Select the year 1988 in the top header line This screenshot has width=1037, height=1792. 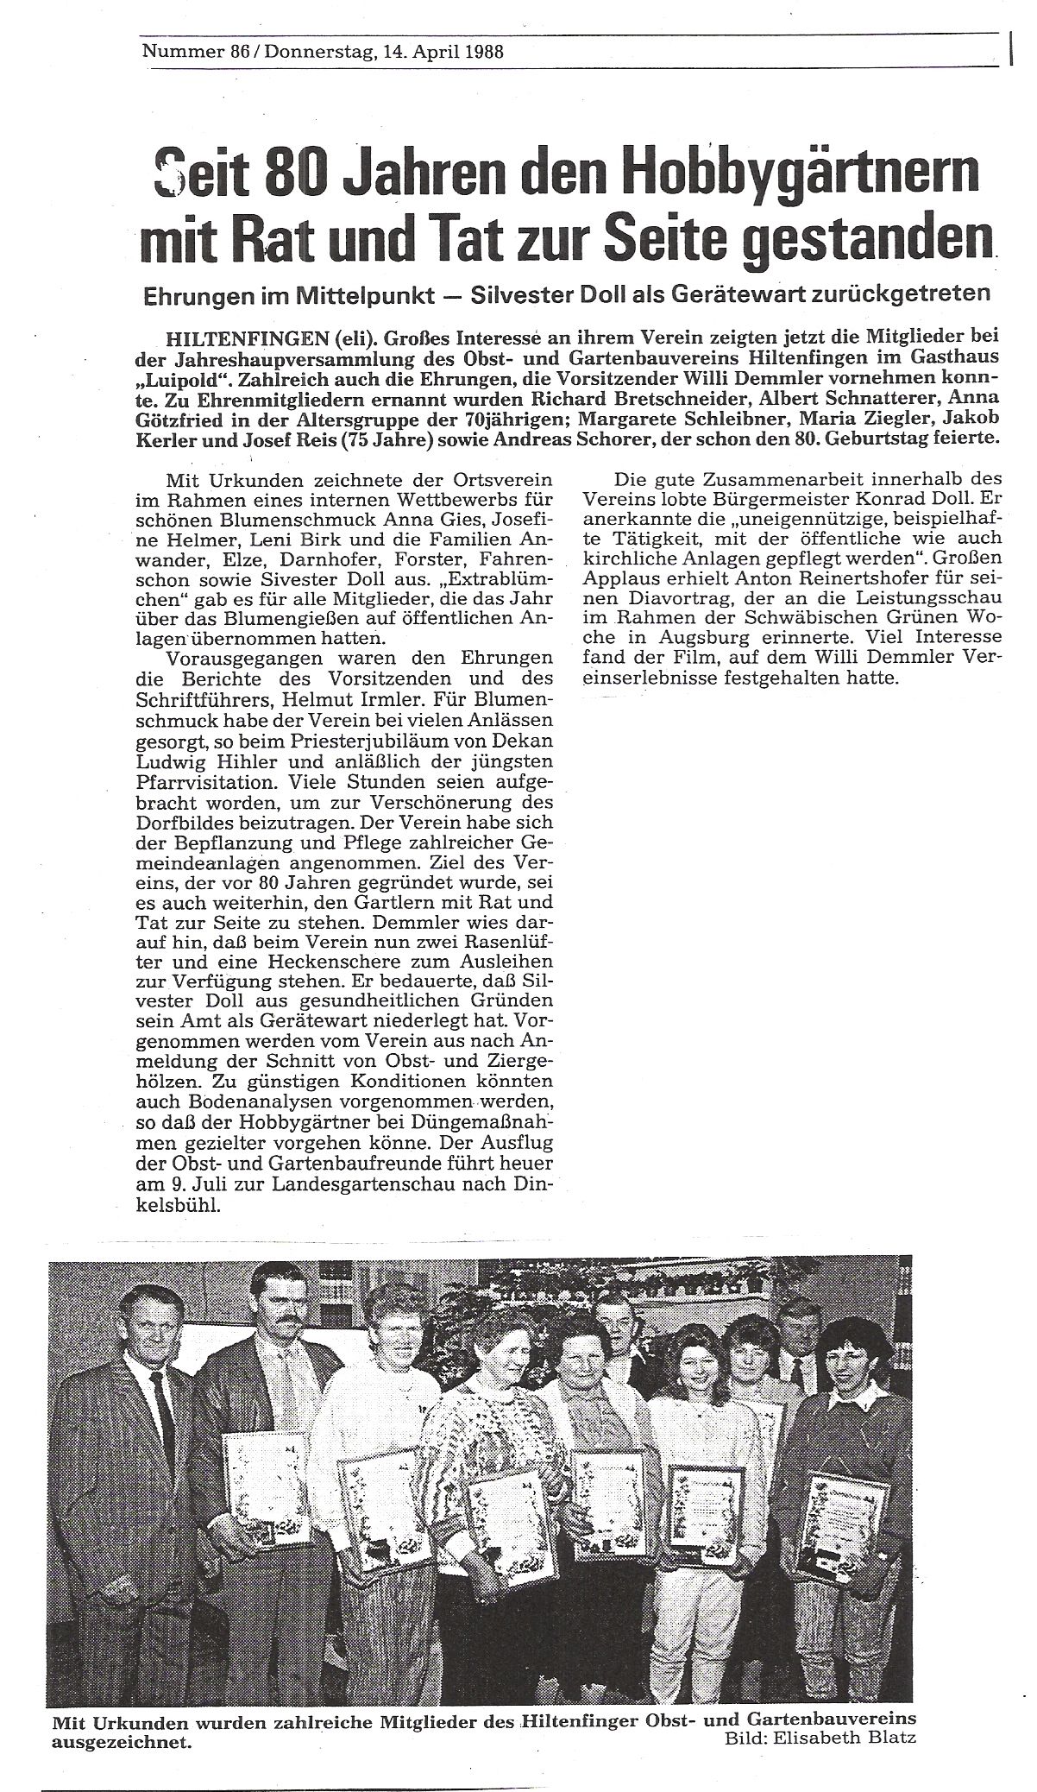[477, 51]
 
